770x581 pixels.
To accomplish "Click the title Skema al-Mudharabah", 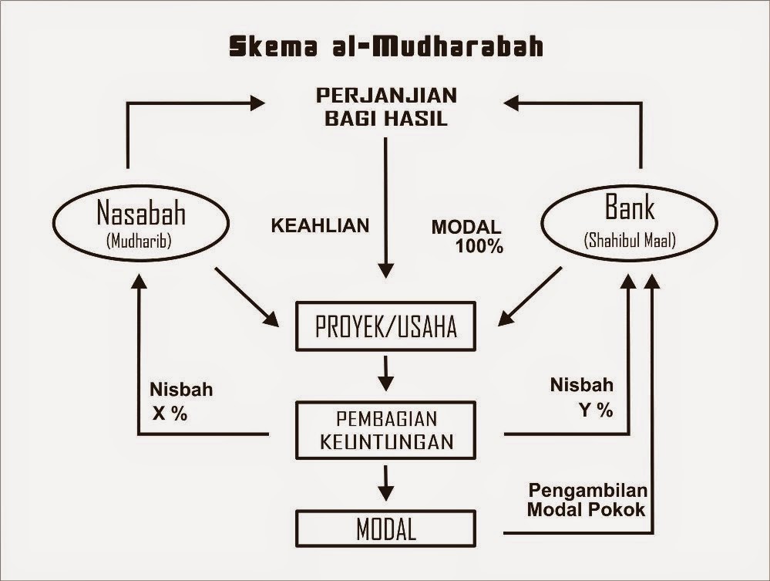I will pos(385,46).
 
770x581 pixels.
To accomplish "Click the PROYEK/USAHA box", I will pos(385,326).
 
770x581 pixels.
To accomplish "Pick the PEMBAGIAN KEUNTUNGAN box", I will pos(385,431).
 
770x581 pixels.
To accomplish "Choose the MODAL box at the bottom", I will pos(385,529).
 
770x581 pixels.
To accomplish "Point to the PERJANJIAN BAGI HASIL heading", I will pos(385,107).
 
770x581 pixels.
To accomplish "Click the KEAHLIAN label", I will pos(320,226).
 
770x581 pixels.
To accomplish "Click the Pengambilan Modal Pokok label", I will pos(587,500).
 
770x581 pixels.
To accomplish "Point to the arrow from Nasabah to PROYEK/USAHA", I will pos(246,296).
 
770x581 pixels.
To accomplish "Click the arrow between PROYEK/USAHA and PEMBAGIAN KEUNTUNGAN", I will pos(386,373).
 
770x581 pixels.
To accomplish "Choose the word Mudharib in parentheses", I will pos(140,241).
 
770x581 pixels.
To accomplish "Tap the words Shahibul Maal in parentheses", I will pos(630,241).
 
